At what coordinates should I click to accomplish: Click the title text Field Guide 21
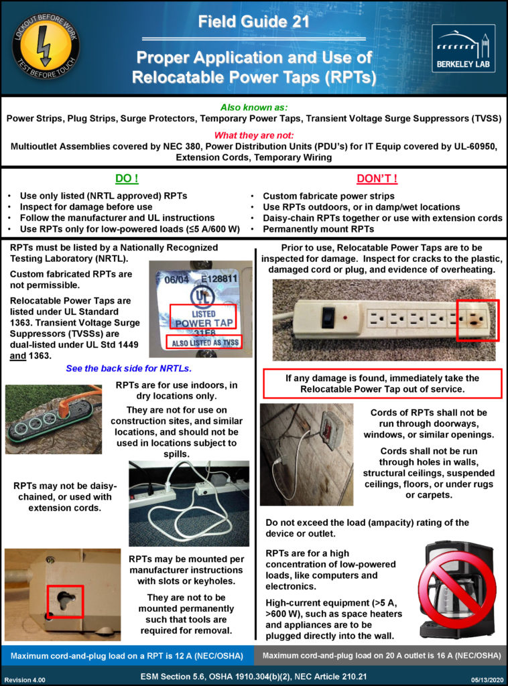point(253,22)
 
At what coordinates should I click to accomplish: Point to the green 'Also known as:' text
point(253,107)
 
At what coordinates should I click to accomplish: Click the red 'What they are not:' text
point(253,135)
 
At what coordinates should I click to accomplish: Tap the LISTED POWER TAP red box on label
point(202,316)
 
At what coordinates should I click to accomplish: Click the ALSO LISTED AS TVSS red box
point(204,341)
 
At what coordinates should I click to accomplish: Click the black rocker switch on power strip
point(328,316)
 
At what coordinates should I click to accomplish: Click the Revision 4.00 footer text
point(25,679)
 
